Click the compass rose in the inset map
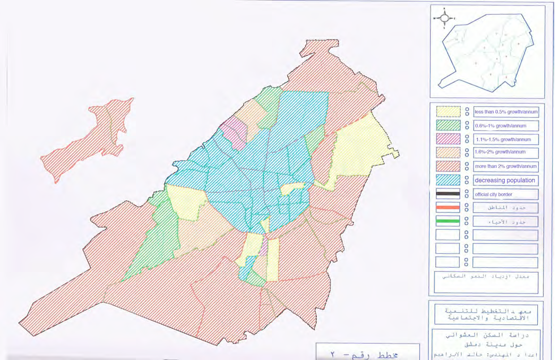445,18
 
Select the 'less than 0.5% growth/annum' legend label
505,112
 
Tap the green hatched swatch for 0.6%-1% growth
448,126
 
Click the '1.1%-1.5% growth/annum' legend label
505,140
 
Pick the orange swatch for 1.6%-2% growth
448,153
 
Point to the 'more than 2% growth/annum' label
505,167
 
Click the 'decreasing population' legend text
505,181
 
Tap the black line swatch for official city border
448,194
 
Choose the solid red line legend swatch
448,208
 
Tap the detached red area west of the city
88,141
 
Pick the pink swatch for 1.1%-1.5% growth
448,140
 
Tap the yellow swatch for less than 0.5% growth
448,112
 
